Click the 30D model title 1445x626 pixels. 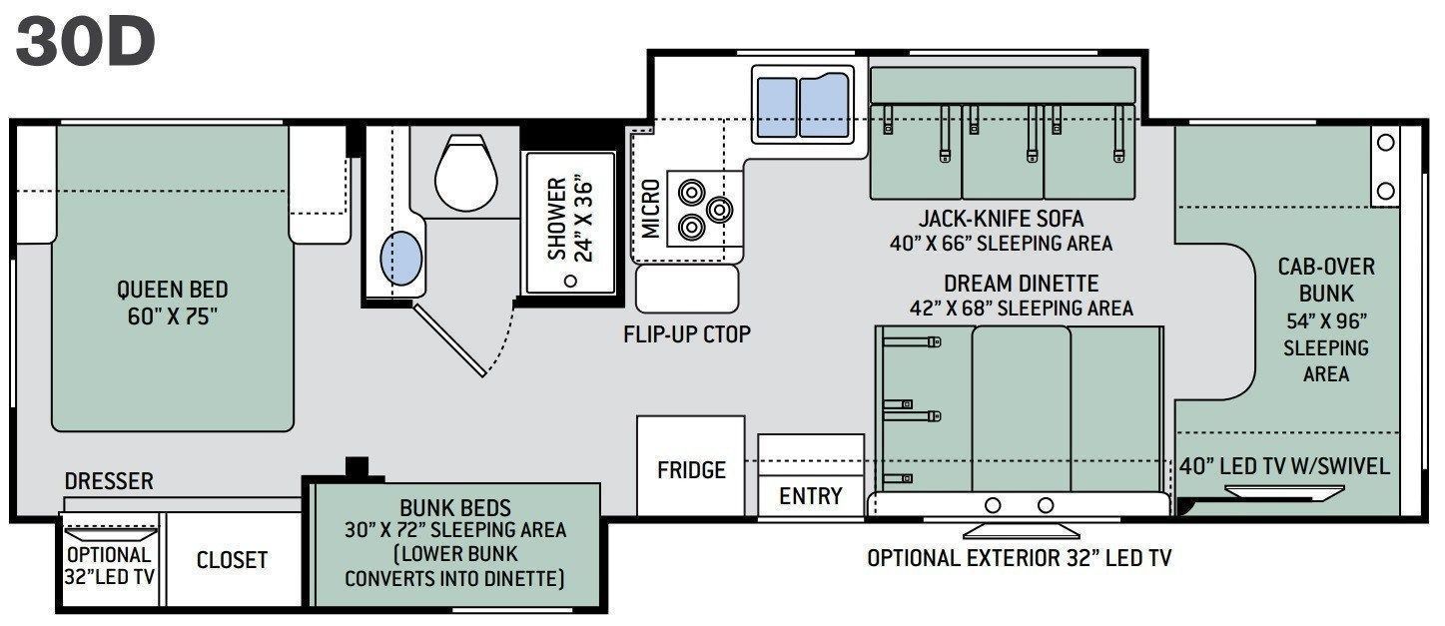[x=85, y=42]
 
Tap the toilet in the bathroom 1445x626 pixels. [x=465, y=172]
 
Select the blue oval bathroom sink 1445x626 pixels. [x=401, y=258]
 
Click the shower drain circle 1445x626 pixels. [x=570, y=282]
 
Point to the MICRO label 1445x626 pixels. [x=651, y=209]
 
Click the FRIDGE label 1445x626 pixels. [x=691, y=470]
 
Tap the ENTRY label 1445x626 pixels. [x=811, y=496]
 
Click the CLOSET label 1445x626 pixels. [x=232, y=559]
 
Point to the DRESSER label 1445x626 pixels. [x=109, y=481]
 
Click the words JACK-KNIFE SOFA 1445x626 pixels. [x=1002, y=219]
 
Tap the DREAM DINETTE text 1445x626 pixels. [x=1022, y=283]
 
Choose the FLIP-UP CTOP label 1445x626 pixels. [x=687, y=333]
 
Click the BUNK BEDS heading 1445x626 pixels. [x=455, y=507]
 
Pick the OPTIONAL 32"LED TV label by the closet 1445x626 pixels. [x=109, y=565]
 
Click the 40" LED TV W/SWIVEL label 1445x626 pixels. [x=1284, y=465]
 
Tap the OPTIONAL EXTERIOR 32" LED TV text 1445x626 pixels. [x=1020, y=558]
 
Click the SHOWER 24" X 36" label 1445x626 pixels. [x=569, y=220]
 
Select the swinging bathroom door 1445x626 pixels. [x=449, y=340]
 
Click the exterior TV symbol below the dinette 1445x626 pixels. [x=1022, y=531]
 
